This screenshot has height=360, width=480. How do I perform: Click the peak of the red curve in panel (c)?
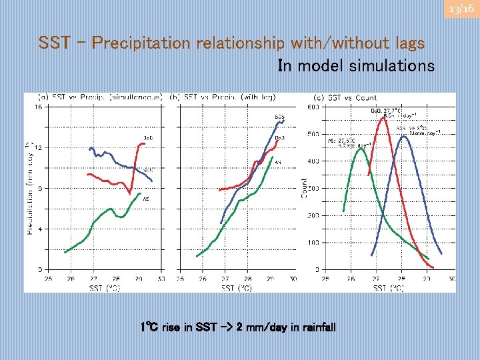coord(385,117)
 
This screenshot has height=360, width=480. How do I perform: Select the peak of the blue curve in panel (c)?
coord(403,137)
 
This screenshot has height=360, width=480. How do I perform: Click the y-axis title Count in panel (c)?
coord(305,187)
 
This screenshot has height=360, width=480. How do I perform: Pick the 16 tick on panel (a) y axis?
coord(38,107)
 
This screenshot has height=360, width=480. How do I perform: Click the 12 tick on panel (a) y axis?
coord(38,147)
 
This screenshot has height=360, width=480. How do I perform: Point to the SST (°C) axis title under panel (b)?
coord(236,287)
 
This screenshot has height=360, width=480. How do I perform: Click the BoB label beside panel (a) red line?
coord(149,138)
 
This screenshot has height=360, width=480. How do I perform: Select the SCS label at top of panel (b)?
coord(279,117)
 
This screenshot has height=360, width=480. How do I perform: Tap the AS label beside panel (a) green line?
coord(145,198)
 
